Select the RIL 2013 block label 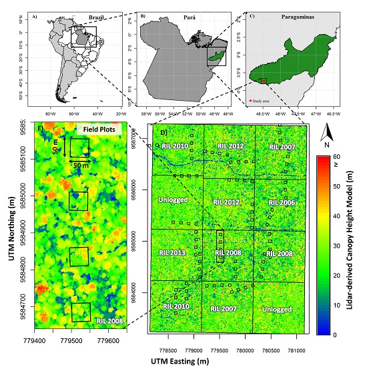[173, 254]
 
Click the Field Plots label [98, 128]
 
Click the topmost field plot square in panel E [79, 147]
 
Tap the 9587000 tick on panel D [141, 139]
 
